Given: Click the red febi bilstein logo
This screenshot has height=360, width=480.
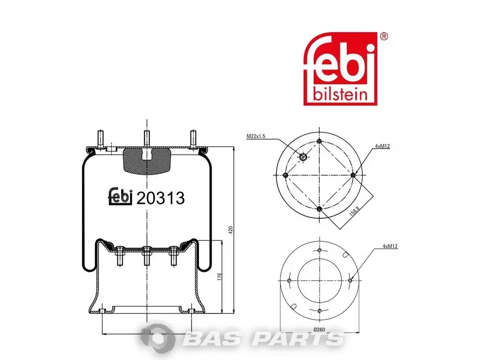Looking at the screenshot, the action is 340,69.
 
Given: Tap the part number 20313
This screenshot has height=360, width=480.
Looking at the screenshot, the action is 160,198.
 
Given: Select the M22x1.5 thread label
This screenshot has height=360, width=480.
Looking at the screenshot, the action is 256,136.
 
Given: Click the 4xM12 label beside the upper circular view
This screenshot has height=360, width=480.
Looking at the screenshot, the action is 383,146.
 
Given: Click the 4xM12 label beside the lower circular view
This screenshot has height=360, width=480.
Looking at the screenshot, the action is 390,246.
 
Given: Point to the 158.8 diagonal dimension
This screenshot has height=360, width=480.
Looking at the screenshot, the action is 354,211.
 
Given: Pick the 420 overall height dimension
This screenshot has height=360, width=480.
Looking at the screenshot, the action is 231,230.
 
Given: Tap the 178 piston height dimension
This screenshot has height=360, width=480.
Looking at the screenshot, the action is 219,277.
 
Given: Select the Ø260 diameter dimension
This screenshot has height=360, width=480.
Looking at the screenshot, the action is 319,329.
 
